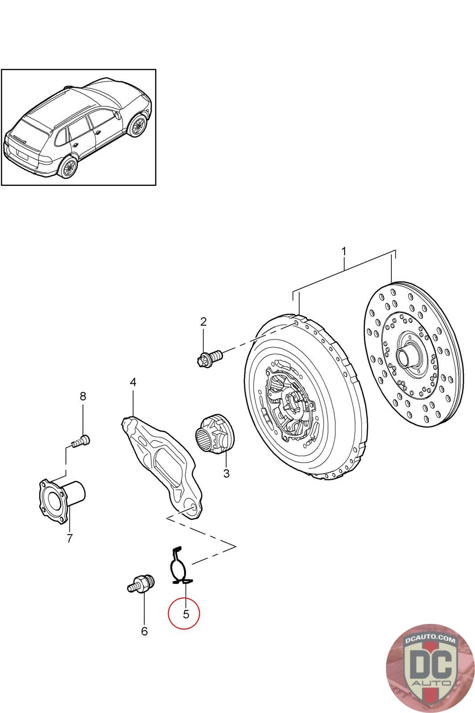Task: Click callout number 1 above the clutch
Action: (x=343, y=252)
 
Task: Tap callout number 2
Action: (x=203, y=321)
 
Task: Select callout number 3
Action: (x=226, y=473)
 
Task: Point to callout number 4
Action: (x=133, y=382)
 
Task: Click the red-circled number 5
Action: (x=186, y=614)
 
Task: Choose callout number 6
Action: (x=144, y=631)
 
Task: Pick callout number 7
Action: (x=69, y=538)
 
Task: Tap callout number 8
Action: (x=83, y=396)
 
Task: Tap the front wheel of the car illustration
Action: (x=138, y=126)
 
